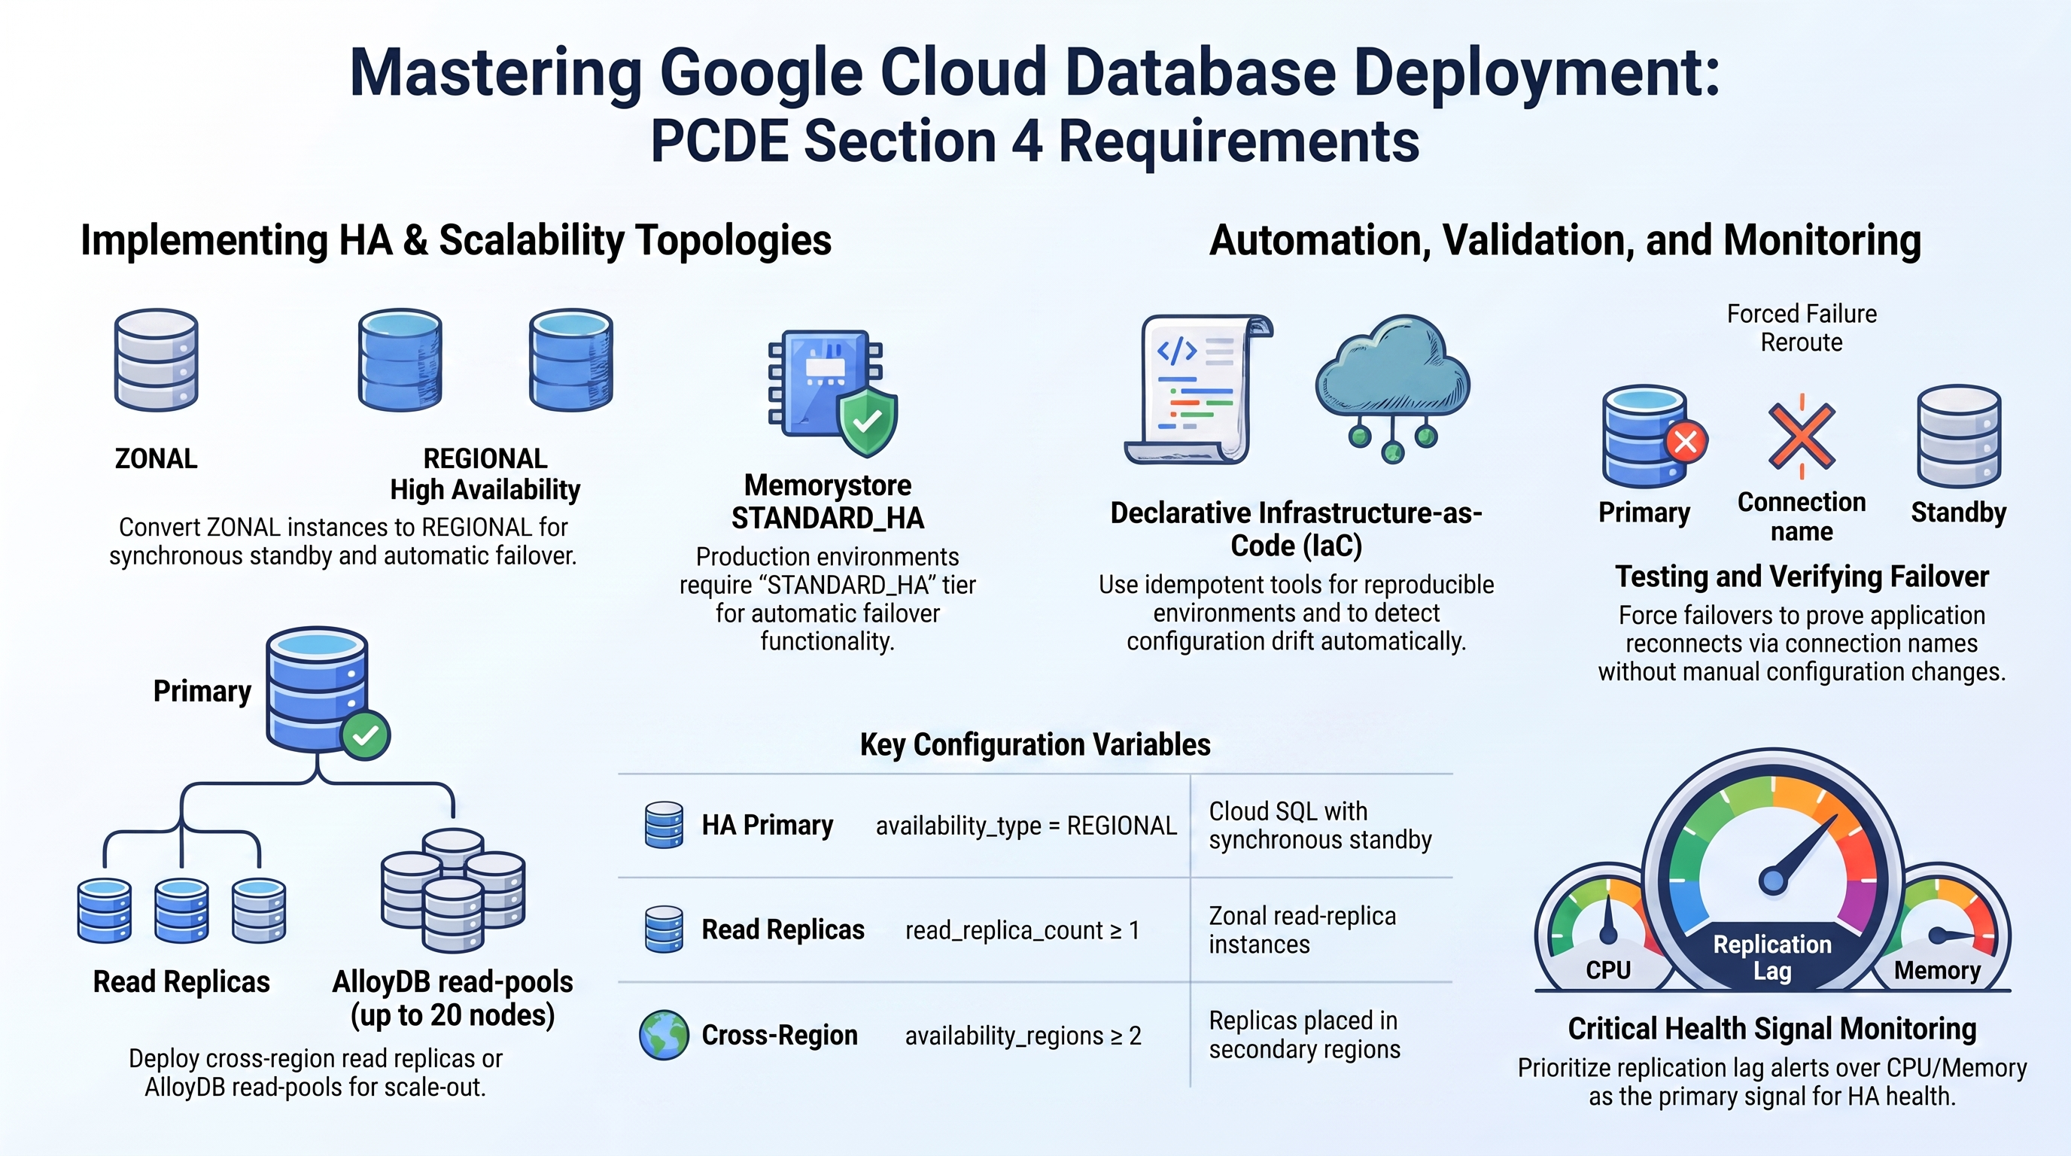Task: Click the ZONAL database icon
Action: click(x=156, y=360)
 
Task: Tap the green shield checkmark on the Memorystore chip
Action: click(x=868, y=421)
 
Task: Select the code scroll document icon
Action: click(x=1198, y=389)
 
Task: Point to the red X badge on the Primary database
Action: click(x=1686, y=440)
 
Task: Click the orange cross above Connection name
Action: click(x=1802, y=437)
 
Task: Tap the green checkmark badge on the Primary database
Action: click(x=366, y=735)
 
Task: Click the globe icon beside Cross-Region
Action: click(x=664, y=1036)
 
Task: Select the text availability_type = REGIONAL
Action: click(x=1026, y=826)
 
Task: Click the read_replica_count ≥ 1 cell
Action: click(x=1022, y=930)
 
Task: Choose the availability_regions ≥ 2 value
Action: click(x=1023, y=1036)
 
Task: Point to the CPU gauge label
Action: click(x=1608, y=970)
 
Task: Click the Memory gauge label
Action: click(x=1938, y=970)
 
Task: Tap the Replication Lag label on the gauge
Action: click(x=1772, y=957)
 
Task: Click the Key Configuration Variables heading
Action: click(x=1035, y=744)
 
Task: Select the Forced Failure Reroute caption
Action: click(x=1802, y=328)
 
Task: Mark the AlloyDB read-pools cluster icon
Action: click(x=454, y=890)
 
